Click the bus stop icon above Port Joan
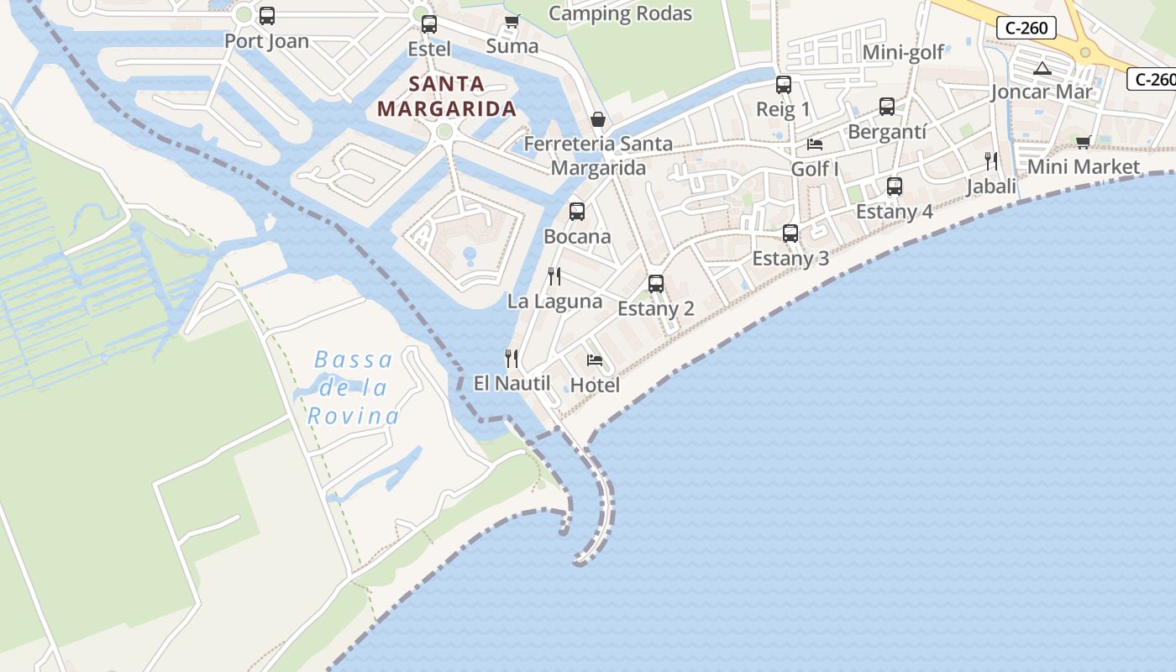[x=267, y=16]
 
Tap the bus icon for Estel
[x=429, y=24]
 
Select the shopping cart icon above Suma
[x=512, y=21]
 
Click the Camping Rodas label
[x=620, y=13]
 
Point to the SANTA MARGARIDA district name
[x=446, y=97]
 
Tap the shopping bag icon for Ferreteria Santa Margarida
[x=598, y=119]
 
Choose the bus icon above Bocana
[x=577, y=212]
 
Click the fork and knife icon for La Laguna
[x=554, y=276]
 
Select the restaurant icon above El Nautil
[x=512, y=359]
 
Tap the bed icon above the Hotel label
[x=595, y=360]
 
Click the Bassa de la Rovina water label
[x=353, y=388]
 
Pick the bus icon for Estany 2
[x=656, y=284]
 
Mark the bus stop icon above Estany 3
[x=790, y=234]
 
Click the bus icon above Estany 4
[x=895, y=186]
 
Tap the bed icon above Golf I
[x=815, y=144]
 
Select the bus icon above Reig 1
[x=784, y=84]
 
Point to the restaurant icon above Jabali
[x=991, y=161]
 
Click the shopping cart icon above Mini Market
[x=1084, y=142]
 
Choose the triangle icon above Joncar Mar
[x=1042, y=68]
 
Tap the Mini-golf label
[x=904, y=53]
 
